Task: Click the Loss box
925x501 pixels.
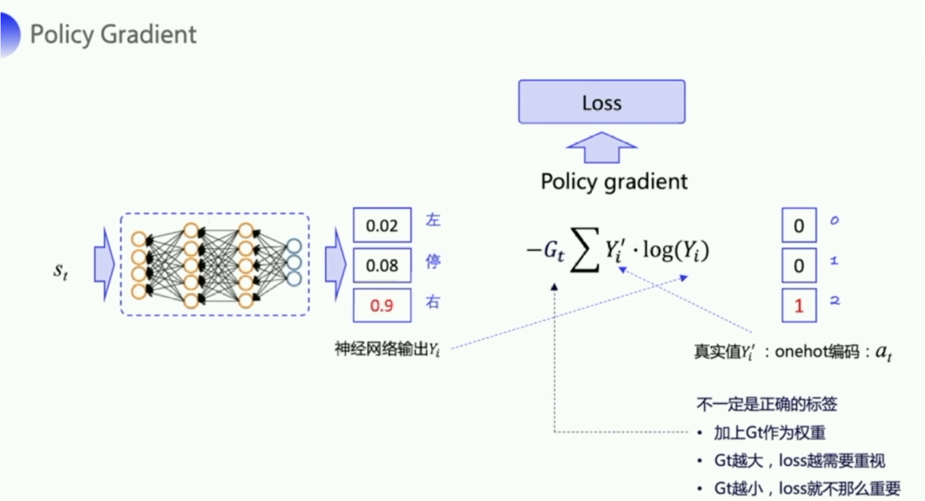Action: [601, 102]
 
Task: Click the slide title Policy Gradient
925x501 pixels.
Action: [113, 34]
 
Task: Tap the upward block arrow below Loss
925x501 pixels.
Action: [601, 148]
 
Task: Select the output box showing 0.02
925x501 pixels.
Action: [382, 225]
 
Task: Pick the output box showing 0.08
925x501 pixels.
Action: [382, 266]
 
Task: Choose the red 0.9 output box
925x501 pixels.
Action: [382, 305]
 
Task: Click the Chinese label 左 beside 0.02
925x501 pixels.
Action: [433, 220]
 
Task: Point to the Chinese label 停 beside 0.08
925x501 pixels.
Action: [433, 261]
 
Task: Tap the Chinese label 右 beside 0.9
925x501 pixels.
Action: [433, 302]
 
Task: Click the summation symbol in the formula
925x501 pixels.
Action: [584, 250]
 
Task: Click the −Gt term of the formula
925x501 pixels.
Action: [545, 250]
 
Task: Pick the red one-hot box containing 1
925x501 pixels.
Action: [799, 305]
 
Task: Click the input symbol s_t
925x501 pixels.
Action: [61, 271]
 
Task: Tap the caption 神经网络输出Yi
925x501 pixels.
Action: [387, 349]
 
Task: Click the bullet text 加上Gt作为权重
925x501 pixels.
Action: [769, 433]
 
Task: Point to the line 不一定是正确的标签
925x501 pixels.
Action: [767, 404]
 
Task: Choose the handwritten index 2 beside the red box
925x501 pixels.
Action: [835, 300]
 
